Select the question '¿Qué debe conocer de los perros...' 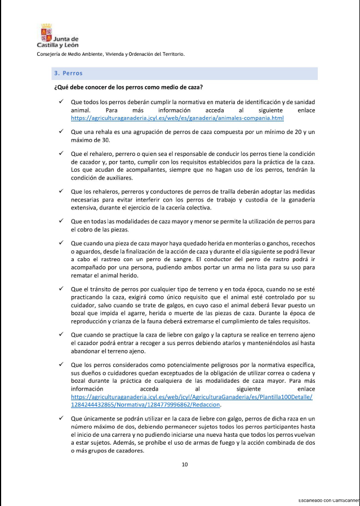pos(128,87)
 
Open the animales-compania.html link pos(177,119)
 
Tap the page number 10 pos(184,464)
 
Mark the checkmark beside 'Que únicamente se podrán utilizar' pos(60,419)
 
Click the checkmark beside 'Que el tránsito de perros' pos(60,289)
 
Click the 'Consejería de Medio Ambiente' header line pos(110,54)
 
